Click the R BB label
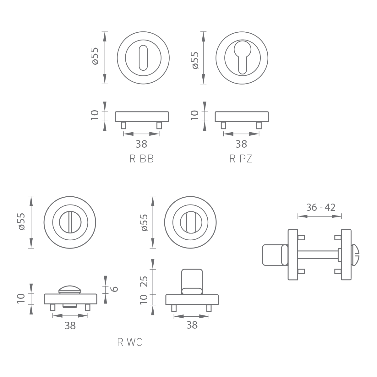141,159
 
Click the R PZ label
241,159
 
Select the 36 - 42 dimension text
321,208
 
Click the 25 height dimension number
144,281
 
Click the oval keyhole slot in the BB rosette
143,58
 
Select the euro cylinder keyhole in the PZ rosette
243,57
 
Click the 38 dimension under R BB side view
141,144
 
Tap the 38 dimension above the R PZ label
241,144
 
